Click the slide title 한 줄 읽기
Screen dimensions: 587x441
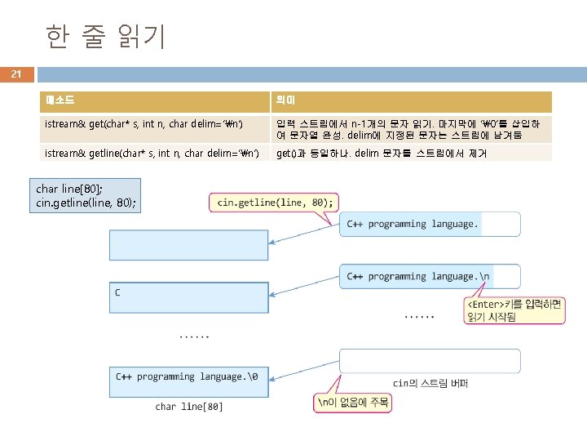[x=105, y=36]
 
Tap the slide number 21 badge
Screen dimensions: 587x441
[x=16, y=74]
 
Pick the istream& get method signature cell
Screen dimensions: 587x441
[x=155, y=129]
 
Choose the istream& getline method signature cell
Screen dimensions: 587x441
[x=155, y=154]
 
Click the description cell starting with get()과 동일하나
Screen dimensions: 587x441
[x=412, y=154]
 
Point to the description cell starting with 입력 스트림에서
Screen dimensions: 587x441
[x=412, y=129]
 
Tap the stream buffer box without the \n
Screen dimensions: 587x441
[x=430, y=224]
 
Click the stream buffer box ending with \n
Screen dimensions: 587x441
[x=430, y=276]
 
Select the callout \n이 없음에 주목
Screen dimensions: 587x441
[x=353, y=403]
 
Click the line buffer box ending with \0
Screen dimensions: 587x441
[x=189, y=381]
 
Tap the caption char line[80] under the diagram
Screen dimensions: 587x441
[x=189, y=406]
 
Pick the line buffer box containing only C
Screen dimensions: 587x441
[x=189, y=305]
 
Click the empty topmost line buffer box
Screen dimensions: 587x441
[x=189, y=245]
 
